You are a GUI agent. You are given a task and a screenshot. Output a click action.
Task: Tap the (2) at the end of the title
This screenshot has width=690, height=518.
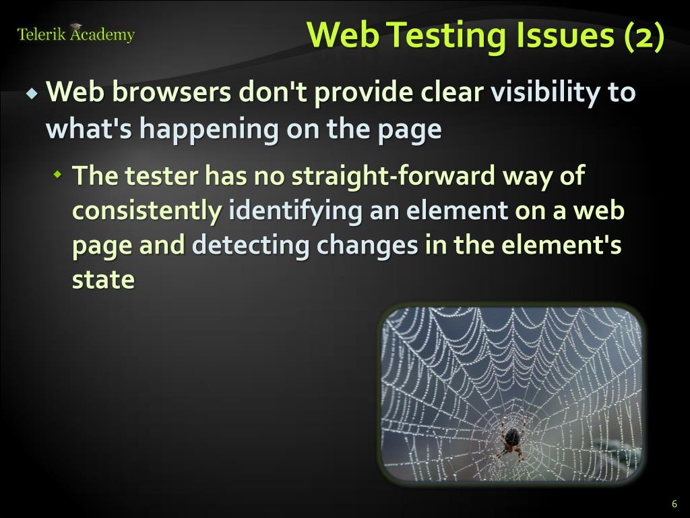[x=644, y=35]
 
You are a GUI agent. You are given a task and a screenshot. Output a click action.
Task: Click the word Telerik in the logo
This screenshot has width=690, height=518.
[x=40, y=35]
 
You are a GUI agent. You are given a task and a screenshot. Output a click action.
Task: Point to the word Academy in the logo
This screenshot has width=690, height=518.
[x=102, y=35]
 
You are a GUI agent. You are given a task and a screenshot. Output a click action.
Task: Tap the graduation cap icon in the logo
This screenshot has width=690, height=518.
[x=75, y=27]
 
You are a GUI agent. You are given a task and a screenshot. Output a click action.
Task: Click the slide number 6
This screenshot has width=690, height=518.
[x=674, y=504]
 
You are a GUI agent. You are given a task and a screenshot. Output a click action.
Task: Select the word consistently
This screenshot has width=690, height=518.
[x=146, y=211]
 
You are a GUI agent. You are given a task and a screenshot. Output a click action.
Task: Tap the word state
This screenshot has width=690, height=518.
[x=103, y=280]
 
